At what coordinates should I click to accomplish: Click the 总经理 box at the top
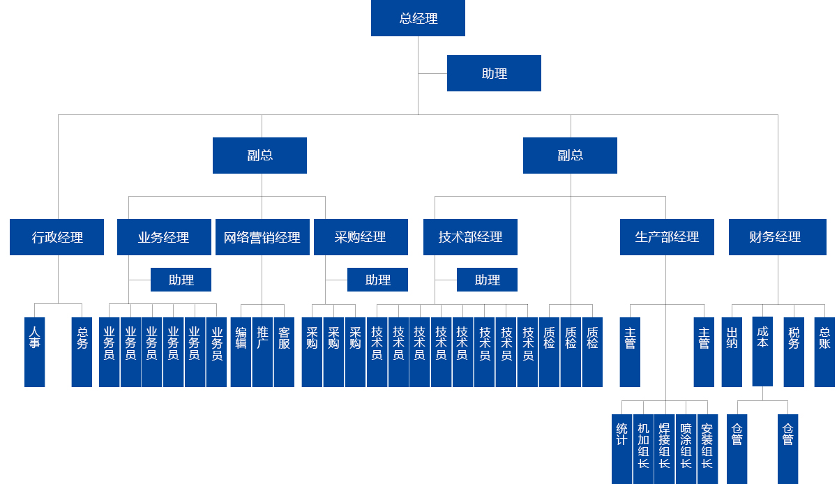tap(418, 18)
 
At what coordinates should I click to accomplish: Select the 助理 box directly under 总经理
tap(494, 73)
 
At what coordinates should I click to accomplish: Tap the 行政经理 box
tap(57, 237)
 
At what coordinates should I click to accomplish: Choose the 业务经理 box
tap(164, 237)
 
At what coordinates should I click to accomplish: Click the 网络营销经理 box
tap(262, 237)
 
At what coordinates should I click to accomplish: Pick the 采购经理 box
tap(360, 237)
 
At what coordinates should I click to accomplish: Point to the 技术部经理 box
tap(470, 237)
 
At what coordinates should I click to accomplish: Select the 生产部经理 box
tap(667, 237)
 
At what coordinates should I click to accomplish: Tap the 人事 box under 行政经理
tap(35, 351)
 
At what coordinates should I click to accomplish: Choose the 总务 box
tap(82, 351)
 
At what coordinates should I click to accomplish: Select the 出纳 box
tap(732, 351)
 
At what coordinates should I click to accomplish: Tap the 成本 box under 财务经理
tap(762, 351)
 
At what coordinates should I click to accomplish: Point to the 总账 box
tap(824, 351)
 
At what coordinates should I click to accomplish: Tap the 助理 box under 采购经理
tap(377, 280)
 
